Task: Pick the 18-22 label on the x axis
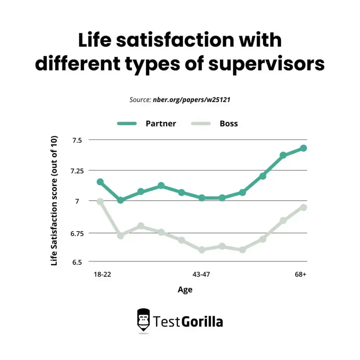(102, 275)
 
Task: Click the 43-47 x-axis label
(201, 275)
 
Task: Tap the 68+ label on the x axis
(301, 275)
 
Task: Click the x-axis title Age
(185, 289)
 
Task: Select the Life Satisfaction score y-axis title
(54, 201)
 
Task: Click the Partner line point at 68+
(303, 148)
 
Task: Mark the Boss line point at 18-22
(100, 201)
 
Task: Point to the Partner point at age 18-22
(100, 182)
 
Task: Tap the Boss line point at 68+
(303, 207)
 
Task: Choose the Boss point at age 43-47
(202, 250)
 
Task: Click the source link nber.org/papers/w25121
(192, 100)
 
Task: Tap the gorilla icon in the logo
(143, 321)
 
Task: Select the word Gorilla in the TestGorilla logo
(202, 321)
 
